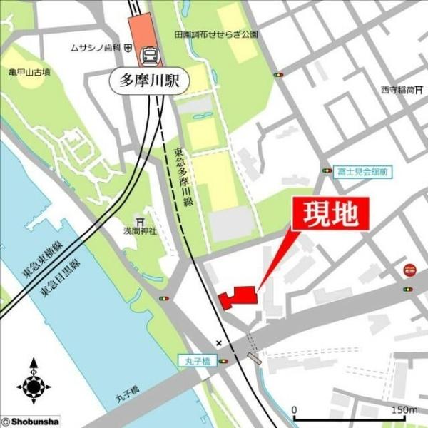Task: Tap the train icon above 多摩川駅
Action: (x=150, y=53)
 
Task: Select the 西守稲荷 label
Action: (x=397, y=90)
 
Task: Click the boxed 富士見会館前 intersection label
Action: (x=363, y=172)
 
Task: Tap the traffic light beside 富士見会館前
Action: (x=327, y=171)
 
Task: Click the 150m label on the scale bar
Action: (x=404, y=410)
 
